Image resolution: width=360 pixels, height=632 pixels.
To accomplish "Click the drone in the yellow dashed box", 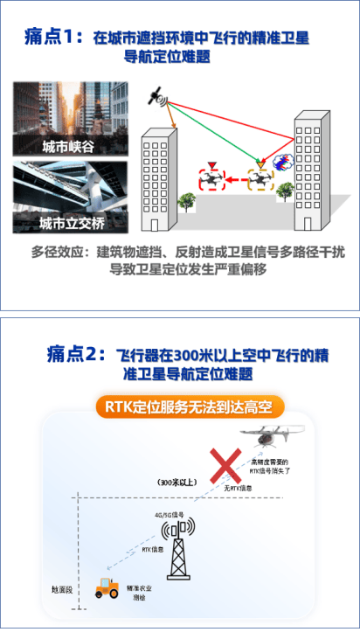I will [x=260, y=180].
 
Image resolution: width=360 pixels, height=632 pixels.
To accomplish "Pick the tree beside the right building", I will [x=284, y=194].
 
